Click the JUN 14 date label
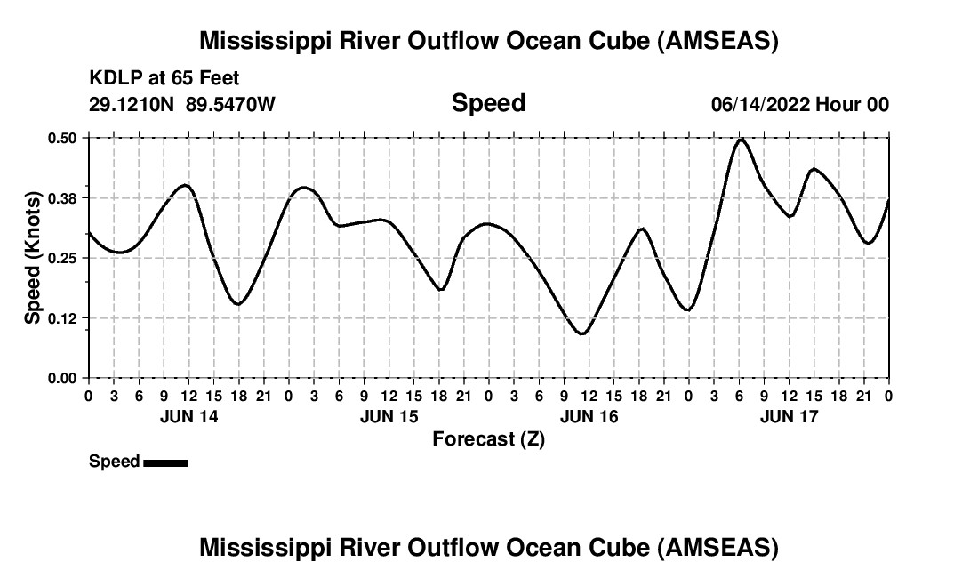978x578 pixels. (188, 416)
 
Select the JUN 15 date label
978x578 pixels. (389, 416)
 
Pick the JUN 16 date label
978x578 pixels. (589, 416)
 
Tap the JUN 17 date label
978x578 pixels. (790, 416)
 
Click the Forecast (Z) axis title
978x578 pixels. (488, 438)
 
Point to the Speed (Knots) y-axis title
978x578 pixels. (33, 258)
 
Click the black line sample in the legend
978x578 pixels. (165, 462)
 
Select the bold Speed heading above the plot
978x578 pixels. (488, 103)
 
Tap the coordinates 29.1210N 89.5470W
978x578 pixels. (182, 104)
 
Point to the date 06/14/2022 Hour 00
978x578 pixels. (799, 104)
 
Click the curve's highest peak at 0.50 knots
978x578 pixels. (741, 140)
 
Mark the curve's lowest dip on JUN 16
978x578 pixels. (582, 333)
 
